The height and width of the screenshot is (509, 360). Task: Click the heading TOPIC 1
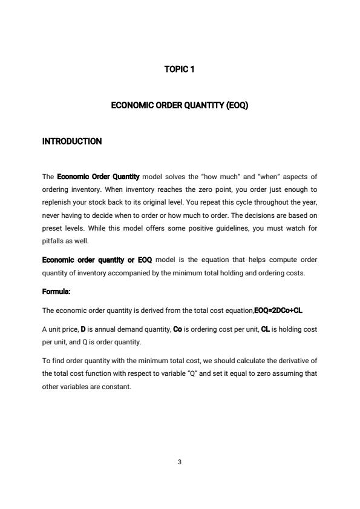180,70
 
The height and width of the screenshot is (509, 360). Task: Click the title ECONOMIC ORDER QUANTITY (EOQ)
180,105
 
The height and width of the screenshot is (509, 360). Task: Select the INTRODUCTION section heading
72,142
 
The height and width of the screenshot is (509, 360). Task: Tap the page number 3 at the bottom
180,462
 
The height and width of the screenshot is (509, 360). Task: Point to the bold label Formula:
56,292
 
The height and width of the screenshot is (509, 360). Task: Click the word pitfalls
54,241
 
